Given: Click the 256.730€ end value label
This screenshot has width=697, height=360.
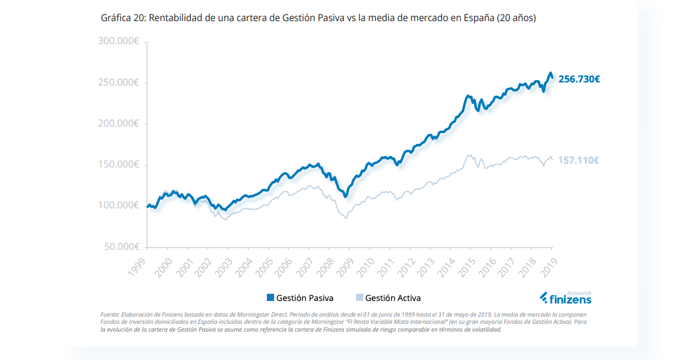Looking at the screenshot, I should pos(579,79).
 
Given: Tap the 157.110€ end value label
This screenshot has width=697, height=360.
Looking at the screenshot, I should pos(579,160).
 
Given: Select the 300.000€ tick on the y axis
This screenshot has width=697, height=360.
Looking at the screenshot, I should pos(119,42).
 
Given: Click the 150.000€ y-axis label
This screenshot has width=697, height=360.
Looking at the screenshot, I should pos(119,164).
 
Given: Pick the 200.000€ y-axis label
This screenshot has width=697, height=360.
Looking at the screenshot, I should pos(119,123).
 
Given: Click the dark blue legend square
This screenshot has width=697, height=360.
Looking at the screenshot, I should pos(270,297).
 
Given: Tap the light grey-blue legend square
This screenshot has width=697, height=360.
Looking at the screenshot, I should pos(360,297).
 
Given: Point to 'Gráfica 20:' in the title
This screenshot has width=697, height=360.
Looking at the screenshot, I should pos(123,18).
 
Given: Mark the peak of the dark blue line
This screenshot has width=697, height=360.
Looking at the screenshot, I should pos(549,73).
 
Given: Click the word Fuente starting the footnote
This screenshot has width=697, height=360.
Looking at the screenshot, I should pos(110,315).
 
